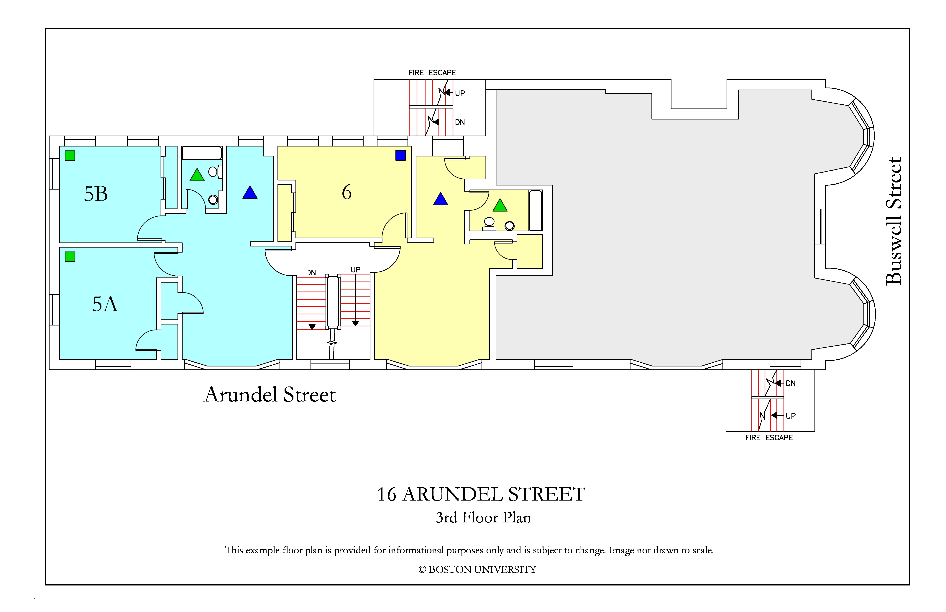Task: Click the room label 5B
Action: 96,194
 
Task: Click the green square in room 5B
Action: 70,155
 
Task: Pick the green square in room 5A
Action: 70,257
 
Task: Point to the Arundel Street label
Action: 270,395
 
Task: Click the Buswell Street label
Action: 894,221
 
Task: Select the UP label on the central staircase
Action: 355,269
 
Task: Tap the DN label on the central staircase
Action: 311,273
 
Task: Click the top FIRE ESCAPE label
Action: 432,73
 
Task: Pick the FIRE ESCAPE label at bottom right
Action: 769,437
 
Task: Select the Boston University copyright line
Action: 477,570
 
